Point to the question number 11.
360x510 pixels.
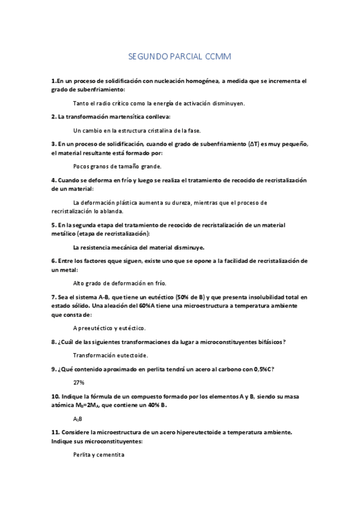pos(55,432)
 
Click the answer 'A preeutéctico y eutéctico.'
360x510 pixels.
pos(109,328)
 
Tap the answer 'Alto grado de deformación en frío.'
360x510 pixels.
pos(120,283)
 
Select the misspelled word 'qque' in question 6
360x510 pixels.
pos(108,261)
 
